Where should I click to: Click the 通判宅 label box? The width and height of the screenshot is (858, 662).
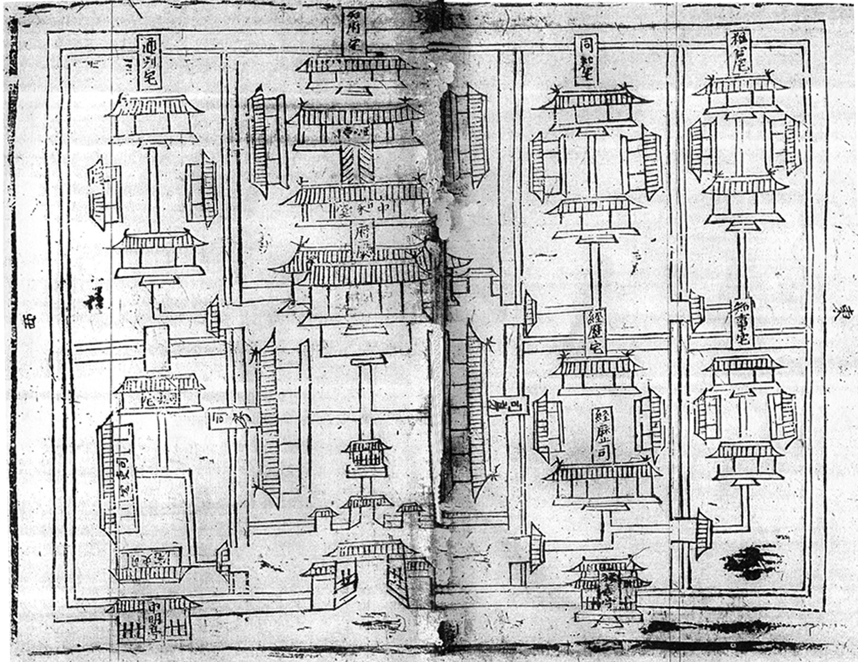[x=149, y=62]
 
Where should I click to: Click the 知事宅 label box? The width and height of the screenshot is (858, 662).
[x=742, y=324]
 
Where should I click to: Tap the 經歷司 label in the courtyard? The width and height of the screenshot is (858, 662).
[x=602, y=434]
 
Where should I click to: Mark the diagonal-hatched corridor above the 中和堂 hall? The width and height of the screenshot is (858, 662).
[x=360, y=163]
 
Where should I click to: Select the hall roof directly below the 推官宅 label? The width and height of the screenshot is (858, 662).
[x=740, y=85]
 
